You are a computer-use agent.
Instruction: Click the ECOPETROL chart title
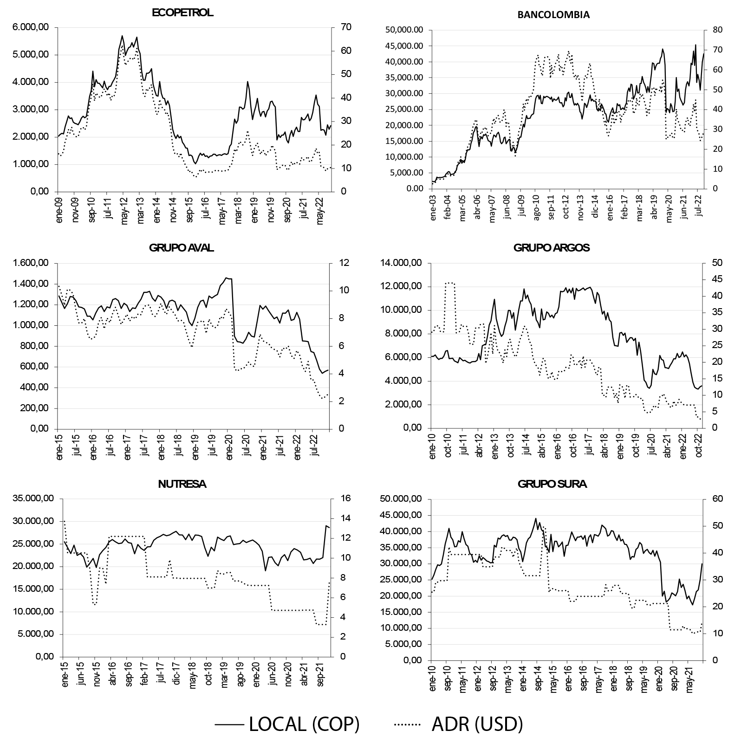(182, 13)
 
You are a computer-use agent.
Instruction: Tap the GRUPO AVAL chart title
(182, 248)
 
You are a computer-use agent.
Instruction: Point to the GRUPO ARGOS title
(552, 248)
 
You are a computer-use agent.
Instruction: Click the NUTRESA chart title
(182, 484)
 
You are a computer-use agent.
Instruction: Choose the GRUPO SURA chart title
(552, 484)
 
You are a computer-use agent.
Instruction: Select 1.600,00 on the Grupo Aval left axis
(31, 263)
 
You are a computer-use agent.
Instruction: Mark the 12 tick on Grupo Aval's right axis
(341, 263)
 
